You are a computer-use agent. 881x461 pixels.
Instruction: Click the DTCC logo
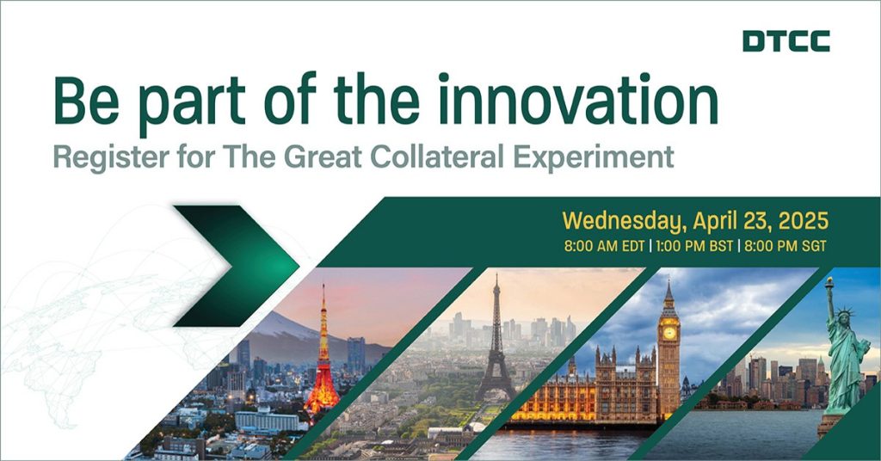click(x=786, y=41)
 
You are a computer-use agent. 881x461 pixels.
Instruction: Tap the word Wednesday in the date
click(x=625, y=221)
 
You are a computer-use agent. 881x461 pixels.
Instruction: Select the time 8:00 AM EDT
click(x=605, y=246)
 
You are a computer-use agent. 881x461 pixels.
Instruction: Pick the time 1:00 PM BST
click(x=694, y=246)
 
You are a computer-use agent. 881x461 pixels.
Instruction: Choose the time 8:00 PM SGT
click(x=786, y=246)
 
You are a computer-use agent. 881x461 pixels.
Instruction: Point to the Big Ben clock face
click(x=668, y=332)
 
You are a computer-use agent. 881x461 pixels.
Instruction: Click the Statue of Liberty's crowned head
click(x=845, y=317)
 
